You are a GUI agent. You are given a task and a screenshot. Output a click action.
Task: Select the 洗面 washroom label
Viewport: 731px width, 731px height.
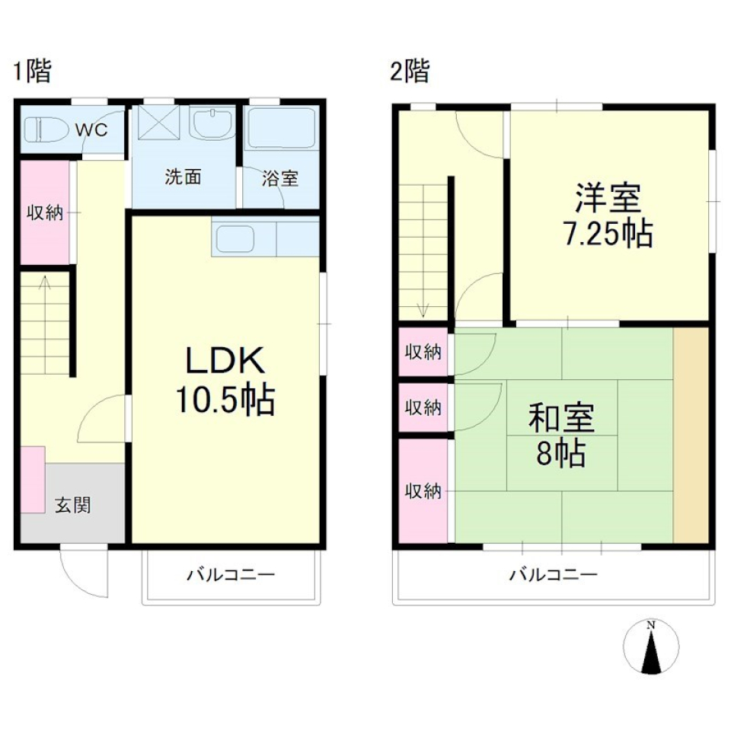click(184, 177)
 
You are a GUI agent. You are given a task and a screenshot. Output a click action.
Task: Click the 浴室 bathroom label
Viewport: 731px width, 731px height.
click(279, 179)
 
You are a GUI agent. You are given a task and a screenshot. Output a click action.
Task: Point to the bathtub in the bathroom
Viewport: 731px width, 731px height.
click(281, 128)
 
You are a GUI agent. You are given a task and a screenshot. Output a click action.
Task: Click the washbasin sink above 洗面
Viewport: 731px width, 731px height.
click(212, 124)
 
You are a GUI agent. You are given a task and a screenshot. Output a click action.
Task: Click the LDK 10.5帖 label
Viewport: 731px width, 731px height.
click(225, 380)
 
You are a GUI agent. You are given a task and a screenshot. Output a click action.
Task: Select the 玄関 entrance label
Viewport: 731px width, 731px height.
click(73, 504)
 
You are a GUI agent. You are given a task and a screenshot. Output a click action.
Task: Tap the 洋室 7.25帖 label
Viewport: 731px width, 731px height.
click(608, 215)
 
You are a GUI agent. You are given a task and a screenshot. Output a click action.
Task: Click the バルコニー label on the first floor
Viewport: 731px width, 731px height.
click(231, 574)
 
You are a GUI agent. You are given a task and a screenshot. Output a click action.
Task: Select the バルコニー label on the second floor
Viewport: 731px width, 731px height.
click(553, 574)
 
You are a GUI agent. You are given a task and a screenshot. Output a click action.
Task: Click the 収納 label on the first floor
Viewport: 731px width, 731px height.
click(44, 212)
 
